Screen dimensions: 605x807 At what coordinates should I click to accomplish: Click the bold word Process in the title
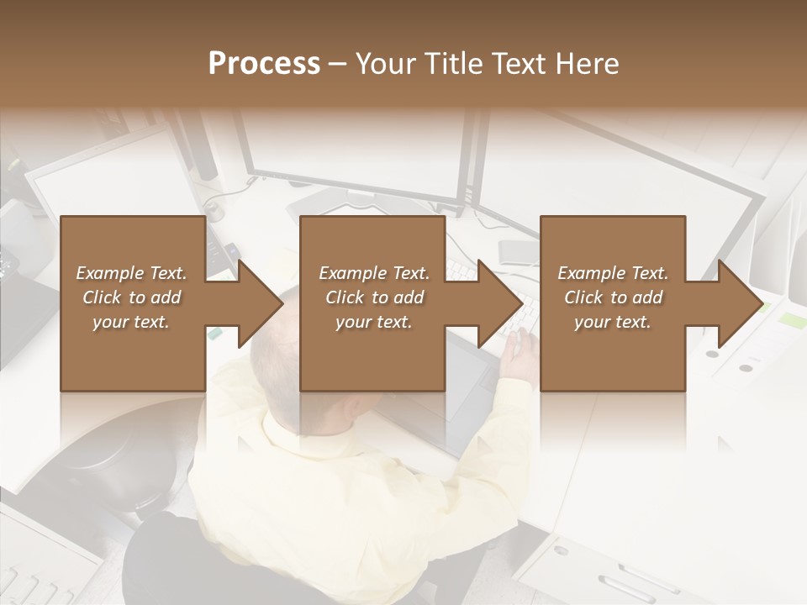[264, 64]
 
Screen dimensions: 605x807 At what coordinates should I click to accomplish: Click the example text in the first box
[131, 297]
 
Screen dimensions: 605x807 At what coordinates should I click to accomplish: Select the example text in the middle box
[374, 297]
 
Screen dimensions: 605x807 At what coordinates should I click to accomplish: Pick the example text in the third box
[613, 297]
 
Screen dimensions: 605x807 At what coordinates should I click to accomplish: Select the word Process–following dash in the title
[337, 64]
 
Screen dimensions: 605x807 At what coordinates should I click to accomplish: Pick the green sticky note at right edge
[792, 320]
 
